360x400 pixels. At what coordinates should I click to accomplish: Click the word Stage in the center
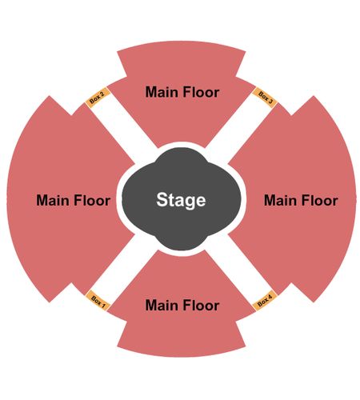click(181, 200)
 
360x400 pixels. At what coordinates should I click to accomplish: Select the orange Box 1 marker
click(98, 301)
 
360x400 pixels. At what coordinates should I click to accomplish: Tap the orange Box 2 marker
click(98, 98)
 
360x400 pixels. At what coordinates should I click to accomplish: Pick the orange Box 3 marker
click(265, 98)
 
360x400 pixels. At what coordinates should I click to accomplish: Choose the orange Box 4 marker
click(265, 301)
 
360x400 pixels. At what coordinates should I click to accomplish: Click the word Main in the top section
click(162, 92)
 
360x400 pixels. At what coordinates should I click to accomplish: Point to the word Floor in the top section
click(201, 92)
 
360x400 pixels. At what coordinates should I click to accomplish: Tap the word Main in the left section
click(53, 200)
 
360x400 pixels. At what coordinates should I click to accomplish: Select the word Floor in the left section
click(92, 200)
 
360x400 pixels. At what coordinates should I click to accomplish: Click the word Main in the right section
click(281, 200)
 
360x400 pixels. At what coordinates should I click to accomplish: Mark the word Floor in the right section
click(320, 200)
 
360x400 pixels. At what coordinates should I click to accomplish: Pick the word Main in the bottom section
click(162, 305)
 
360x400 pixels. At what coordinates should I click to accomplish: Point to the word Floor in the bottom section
click(201, 305)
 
